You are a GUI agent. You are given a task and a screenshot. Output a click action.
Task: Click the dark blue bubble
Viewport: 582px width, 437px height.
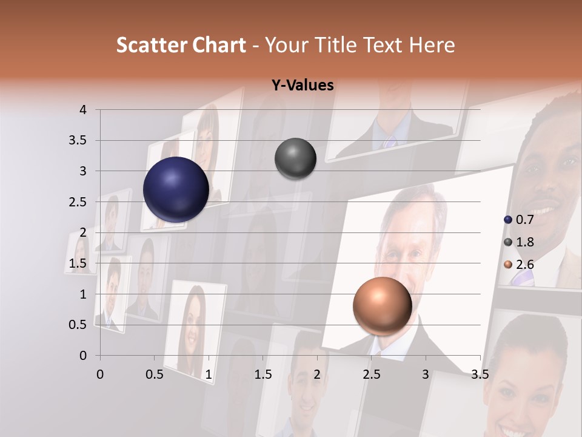tap(176, 189)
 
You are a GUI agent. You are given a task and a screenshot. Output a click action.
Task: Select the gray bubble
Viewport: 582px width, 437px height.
tap(295, 159)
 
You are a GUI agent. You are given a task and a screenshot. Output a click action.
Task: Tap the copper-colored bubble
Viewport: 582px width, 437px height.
tap(382, 305)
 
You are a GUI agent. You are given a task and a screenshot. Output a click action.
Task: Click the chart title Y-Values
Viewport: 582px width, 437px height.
tap(303, 86)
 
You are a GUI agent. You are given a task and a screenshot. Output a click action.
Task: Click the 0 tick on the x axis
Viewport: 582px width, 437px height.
tap(100, 374)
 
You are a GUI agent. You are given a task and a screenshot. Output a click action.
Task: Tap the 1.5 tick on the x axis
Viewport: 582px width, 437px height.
tap(263, 374)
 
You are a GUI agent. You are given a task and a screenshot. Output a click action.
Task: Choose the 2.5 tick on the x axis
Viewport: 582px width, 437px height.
tap(371, 374)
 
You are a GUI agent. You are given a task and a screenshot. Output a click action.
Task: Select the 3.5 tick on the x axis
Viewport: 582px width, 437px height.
tap(480, 374)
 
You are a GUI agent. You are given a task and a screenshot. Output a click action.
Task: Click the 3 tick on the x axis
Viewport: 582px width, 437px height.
tap(426, 374)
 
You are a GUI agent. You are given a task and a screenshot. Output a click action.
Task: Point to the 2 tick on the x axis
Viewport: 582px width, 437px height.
tap(317, 374)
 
